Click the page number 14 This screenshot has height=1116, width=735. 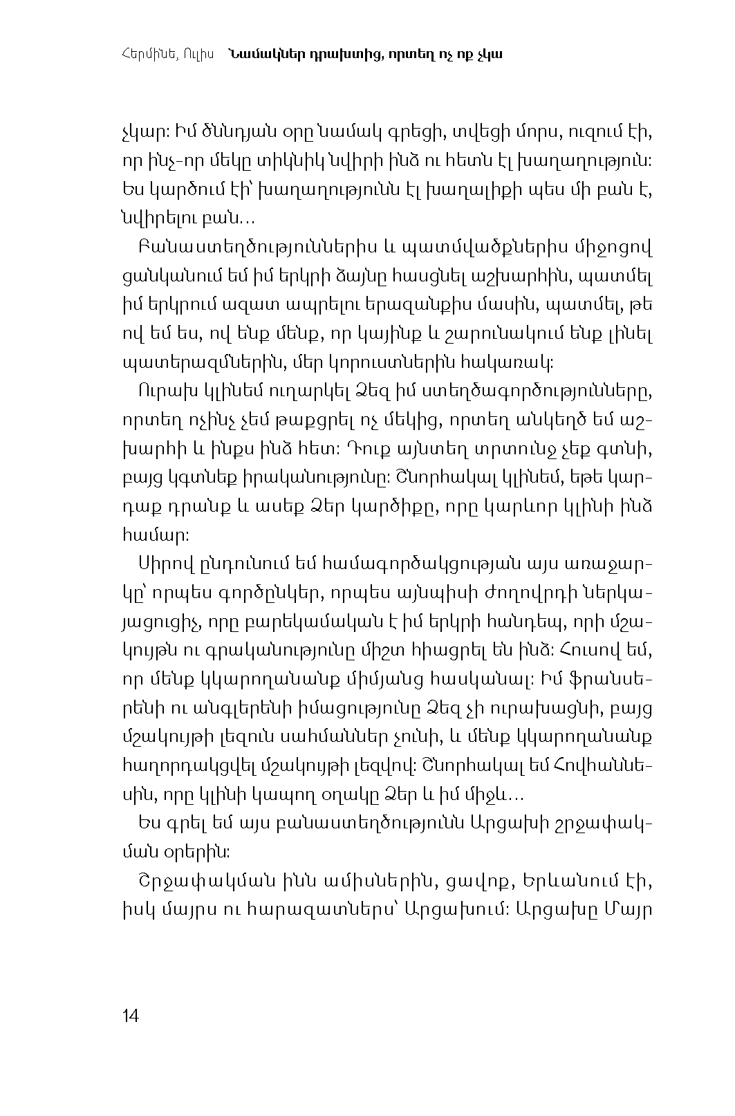(x=130, y=1016)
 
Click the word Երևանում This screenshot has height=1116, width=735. (x=557, y=882)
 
